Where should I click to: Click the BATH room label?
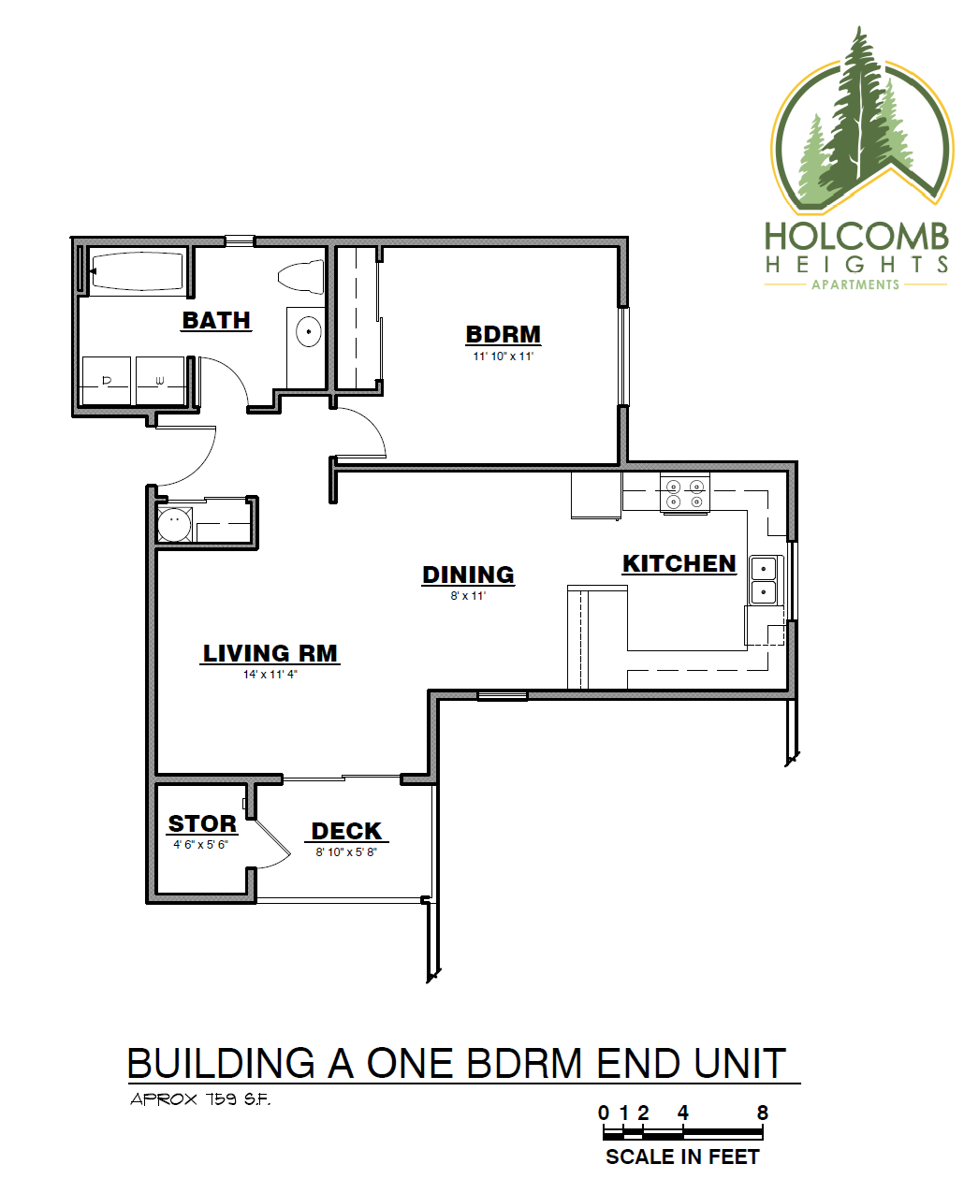pos(216,320)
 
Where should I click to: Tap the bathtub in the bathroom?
pos(137,271)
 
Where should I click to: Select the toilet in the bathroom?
pos(300,277)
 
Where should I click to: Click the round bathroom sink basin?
pos(308,331)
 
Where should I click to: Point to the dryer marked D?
pos(106,380)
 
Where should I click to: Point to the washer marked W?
pos(160,380)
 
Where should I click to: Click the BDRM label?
pos(503,334)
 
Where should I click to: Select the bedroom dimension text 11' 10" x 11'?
pos(503,356)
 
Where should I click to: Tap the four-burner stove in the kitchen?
pos(684,494)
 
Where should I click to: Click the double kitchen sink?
pos(764,580)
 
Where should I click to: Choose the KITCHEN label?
pos(679,563)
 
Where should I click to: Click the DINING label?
pos(468,575)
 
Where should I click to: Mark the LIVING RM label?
pos(270,653)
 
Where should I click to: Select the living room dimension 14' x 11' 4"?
pos(270,675)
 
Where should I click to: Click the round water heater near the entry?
pos(174,525)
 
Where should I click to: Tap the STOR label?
pos(202,823)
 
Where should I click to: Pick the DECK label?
pos(346,831)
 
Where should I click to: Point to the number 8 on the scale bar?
pos(763,1113)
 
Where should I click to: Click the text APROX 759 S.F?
pos(200,1099)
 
